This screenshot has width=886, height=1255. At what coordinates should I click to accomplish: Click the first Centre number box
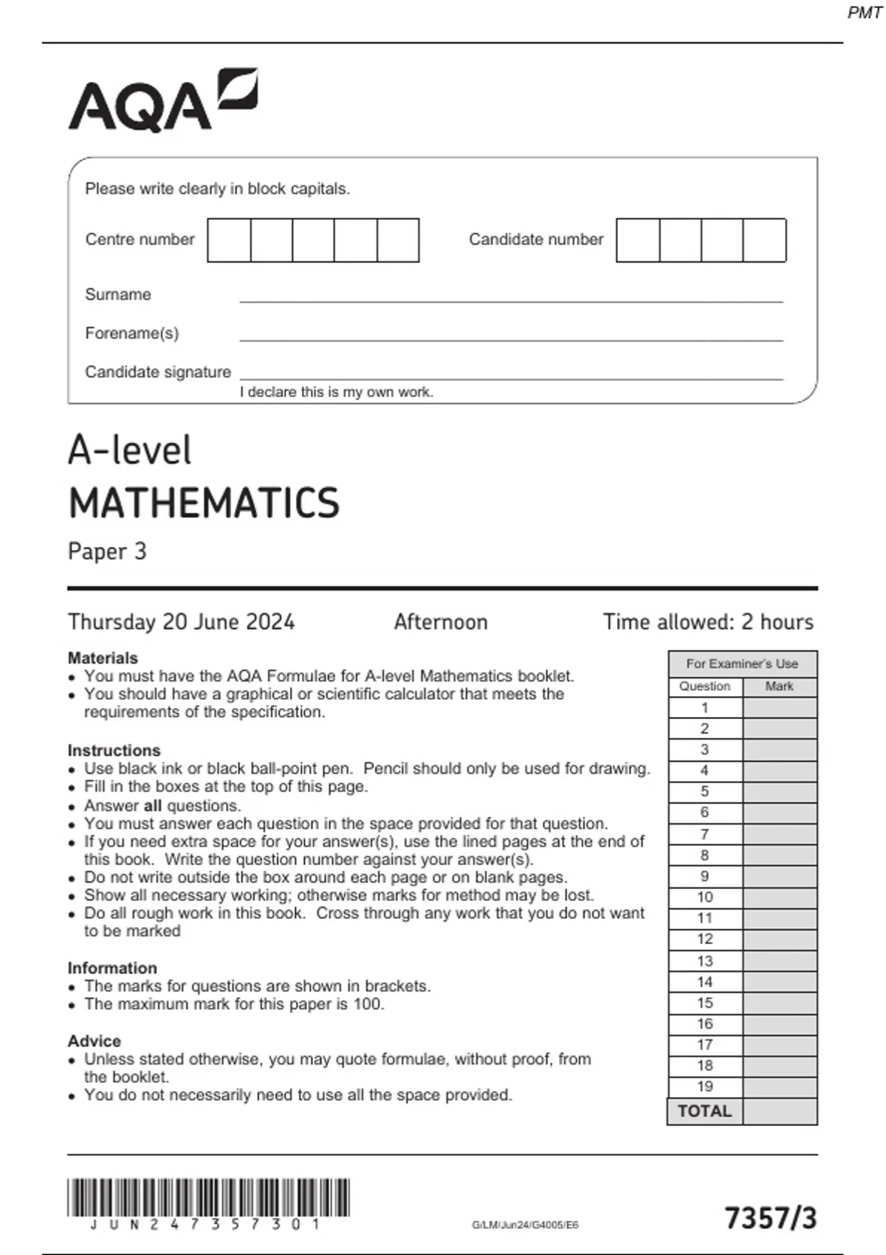pos(229,240)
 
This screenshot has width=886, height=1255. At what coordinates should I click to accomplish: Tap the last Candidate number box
pos(764,240)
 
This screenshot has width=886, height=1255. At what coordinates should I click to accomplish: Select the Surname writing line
pos(509,295)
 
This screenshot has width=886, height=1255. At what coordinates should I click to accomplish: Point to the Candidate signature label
pos(158,372)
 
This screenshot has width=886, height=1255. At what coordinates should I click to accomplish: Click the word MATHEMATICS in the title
pos(204,503)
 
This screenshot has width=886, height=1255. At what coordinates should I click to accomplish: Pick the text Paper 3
pos(107,551)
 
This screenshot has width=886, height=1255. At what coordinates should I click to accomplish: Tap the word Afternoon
pos(441,622)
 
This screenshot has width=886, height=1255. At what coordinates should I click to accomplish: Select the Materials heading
pos(103,658)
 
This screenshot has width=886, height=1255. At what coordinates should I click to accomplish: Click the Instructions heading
pos(114,750)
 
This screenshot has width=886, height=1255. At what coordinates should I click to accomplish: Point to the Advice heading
pos(94,1041)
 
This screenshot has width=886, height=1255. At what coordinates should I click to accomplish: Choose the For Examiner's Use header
pos(742,664)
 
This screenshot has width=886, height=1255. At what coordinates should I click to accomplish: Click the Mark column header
pos(779,687)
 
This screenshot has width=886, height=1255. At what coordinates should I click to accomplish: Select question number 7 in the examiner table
pos(704,834)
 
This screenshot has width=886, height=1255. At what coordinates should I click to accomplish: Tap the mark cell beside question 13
pos(780,961)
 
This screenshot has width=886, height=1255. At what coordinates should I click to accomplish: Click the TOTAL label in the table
pos(704,1111)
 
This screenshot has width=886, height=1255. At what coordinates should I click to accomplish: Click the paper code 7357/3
pos(771,1218)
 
